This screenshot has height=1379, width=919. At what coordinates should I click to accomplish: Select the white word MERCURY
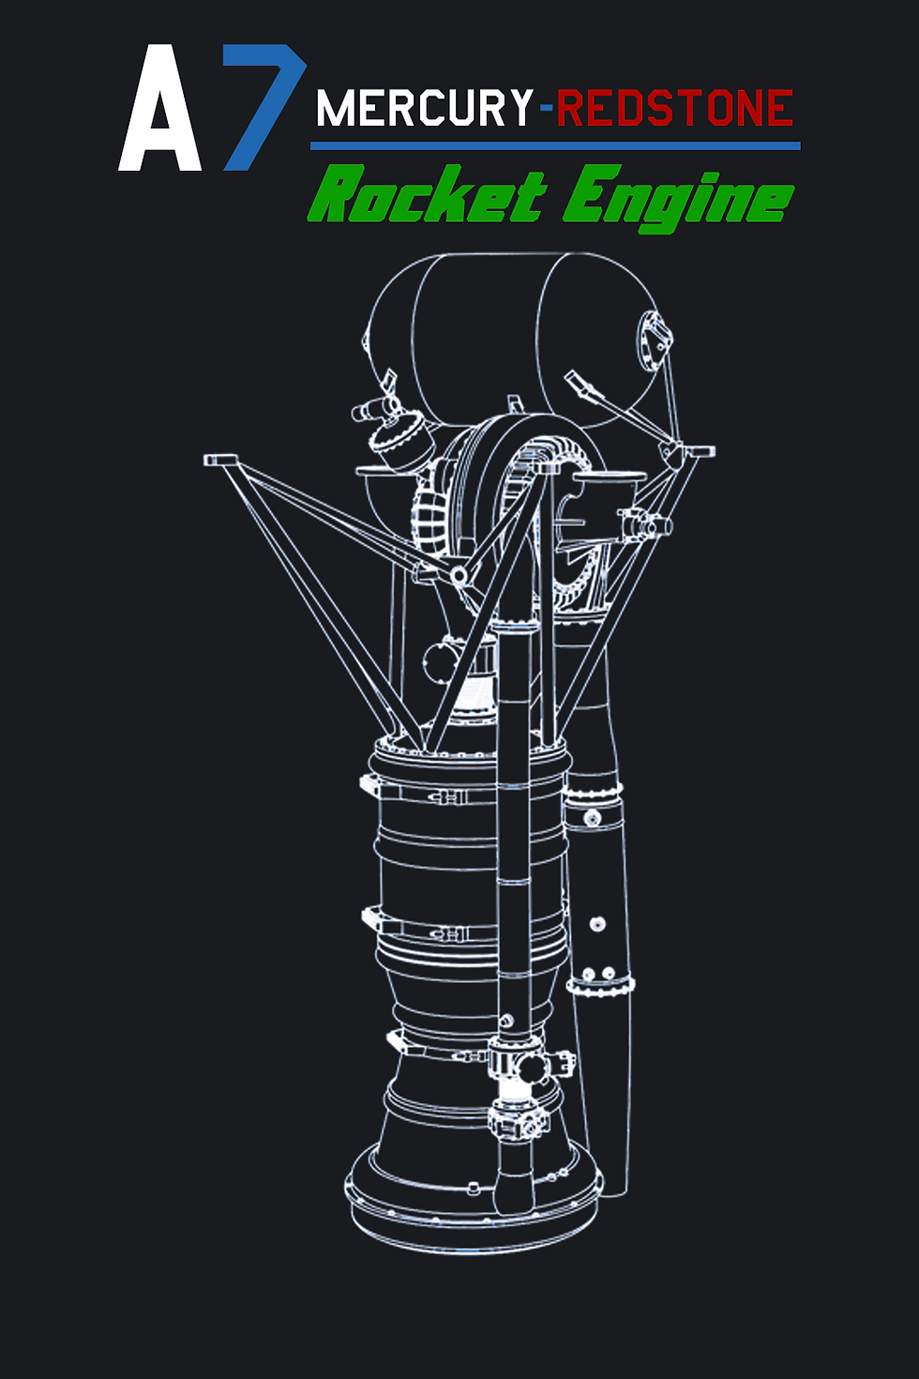(x=424, y=109)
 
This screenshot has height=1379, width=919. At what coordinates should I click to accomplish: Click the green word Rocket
(x=427, y=195)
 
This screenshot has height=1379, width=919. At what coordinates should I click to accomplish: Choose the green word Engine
(x=677, y=197)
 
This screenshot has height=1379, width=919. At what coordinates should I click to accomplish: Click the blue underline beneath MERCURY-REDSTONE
(x=555, y=146)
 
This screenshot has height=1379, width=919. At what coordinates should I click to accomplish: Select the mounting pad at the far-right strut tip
(x=699, y=452)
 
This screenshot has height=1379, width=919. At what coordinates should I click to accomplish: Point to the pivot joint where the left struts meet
(x=459, y=573)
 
